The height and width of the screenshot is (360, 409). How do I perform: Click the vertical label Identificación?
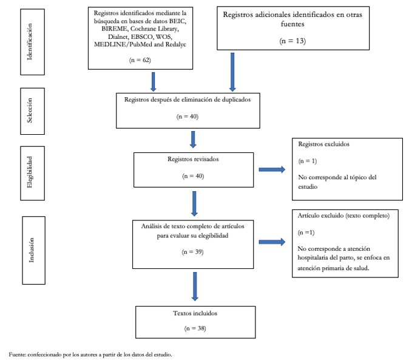point(30,42)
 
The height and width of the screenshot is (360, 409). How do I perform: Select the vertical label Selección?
point(30,110)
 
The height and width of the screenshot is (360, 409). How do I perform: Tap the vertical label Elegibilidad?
point(30,172)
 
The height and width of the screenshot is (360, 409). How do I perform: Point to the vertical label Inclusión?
point(32,250)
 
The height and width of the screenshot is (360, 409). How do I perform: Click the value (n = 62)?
point(140,60)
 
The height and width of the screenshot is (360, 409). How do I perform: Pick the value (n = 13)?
point(292,41)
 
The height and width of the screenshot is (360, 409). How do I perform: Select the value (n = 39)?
point(193,252)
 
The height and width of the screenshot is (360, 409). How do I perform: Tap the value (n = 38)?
point(195,328)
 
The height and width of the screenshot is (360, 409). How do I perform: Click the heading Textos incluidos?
point(195,313)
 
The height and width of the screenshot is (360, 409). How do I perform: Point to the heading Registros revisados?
point(194,159)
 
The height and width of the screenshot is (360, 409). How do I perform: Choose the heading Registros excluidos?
point(323,144)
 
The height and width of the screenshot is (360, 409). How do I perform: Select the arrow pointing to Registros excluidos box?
point(272,169)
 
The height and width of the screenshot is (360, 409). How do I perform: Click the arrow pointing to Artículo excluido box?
point(272,242)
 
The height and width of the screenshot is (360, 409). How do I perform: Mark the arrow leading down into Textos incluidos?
point(195,287)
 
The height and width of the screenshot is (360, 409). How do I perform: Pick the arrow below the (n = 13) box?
point(232,72)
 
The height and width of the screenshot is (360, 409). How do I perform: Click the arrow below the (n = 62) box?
point(154,82)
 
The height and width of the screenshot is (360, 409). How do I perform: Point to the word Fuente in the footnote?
point(17,355)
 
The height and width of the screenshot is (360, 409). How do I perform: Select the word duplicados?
point(236,100)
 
